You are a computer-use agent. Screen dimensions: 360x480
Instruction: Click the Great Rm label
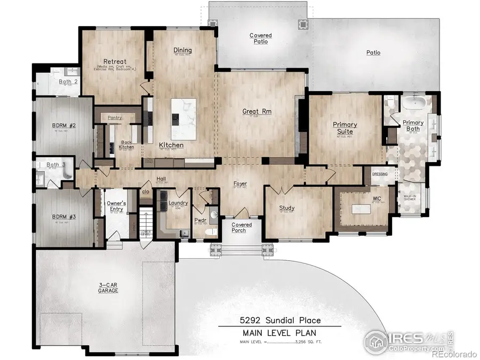[x=258, y=111]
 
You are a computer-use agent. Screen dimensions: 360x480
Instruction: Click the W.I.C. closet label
[x=378, y=199]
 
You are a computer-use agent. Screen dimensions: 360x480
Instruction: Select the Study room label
[x=287, y=208]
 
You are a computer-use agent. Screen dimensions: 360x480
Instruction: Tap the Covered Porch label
[x=242, y=228]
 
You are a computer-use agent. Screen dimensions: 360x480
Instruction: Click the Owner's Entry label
[x=116, y=206]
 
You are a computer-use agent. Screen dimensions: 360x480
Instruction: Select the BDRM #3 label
[x=65, y=217]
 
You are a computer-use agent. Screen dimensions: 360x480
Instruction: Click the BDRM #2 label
[x=65, y=126]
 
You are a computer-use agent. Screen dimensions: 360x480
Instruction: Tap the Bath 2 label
[x=68, y=82]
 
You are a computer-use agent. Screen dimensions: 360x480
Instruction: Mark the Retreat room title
[x=115, y=61]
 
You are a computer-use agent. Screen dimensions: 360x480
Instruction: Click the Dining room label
[x=182, y=51]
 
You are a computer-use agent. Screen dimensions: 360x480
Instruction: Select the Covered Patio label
[x=260, y=38]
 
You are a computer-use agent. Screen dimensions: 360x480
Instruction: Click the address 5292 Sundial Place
[x=279, y=320]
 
